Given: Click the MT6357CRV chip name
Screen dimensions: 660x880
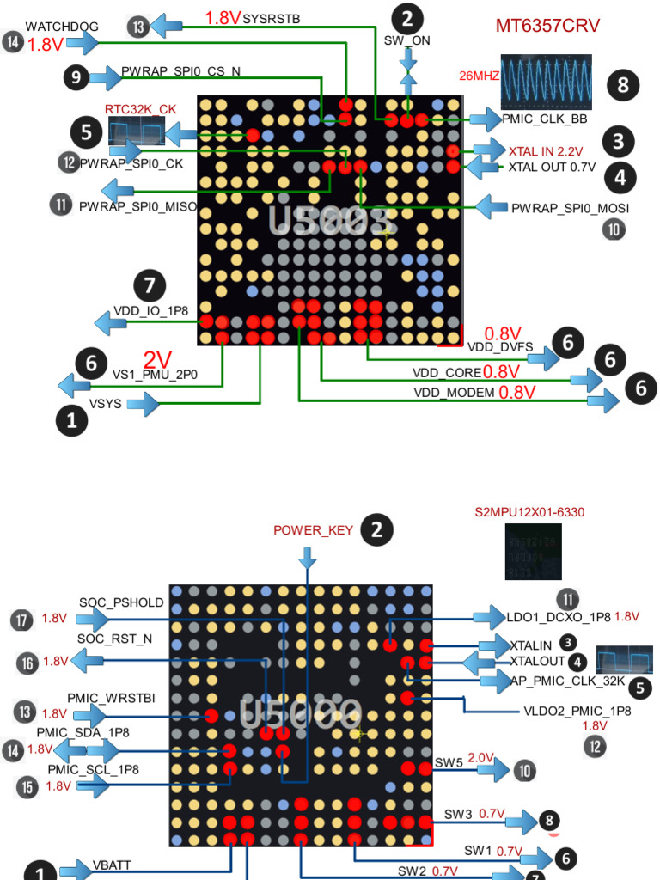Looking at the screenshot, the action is [547, 26].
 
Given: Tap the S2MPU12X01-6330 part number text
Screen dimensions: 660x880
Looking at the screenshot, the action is [529, 512].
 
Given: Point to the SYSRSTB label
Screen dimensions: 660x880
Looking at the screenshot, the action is [272, 17].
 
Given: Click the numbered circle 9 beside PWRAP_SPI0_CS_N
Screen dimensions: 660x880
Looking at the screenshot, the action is [76, 78].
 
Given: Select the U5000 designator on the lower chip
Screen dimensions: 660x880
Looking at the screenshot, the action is [301, 712].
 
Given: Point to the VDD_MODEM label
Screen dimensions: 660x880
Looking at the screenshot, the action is [454, 393].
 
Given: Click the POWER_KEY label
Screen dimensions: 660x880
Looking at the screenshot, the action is [313, 530].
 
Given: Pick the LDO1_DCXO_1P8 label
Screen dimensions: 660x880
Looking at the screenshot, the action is [559, 616].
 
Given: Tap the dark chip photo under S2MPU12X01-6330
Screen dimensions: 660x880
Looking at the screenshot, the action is [533, 551].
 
